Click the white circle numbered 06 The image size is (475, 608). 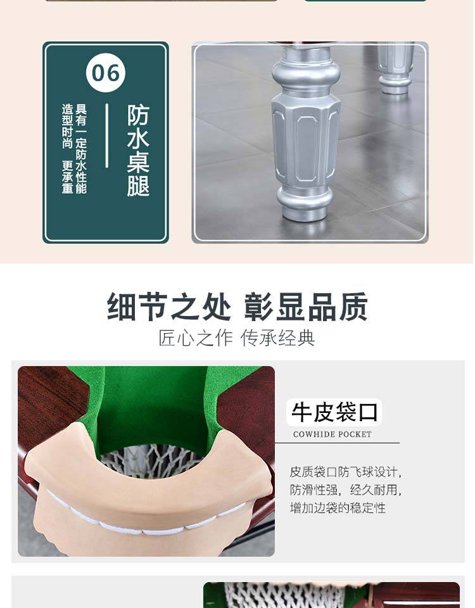(x=106, y=73)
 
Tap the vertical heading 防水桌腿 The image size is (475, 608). (x=138, y=151)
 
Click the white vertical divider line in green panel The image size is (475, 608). (x=107, y=136)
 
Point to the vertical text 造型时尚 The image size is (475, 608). (x=68, y=126)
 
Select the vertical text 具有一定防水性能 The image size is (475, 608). (x=81, y=148)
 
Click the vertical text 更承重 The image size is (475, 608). (x=68, y=177)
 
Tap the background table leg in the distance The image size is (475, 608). (x=395, y=68)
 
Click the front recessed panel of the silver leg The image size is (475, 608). (x=307, y=148)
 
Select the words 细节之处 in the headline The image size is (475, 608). (x=169, y=307)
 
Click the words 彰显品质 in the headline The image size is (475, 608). (x=306, y=307)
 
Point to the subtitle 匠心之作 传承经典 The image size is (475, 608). (x=236, y=338)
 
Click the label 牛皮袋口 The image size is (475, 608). (x=334, y=412)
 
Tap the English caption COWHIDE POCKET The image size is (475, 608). (x=332, y=434)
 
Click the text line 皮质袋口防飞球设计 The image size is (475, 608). (x=345, y=472)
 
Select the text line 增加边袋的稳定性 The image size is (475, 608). (x=338, y=507)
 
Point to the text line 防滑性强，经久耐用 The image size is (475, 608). (x=345, y=490)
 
